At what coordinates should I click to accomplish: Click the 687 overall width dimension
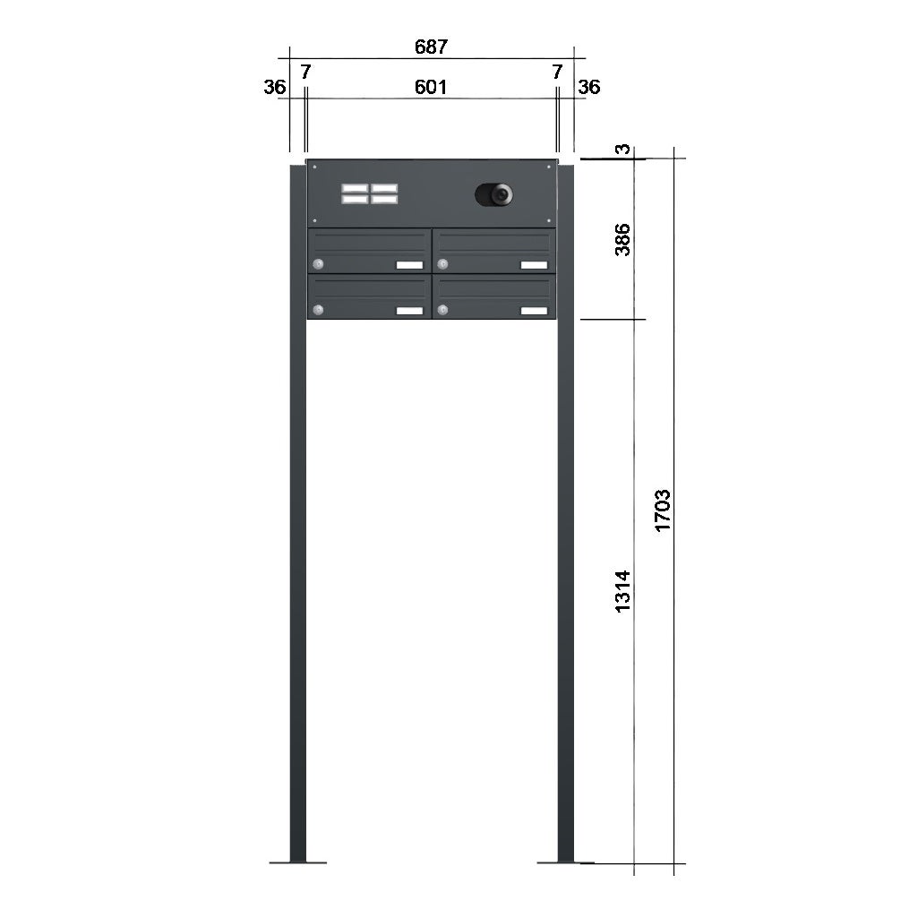432,47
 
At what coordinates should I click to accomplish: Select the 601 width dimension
431,87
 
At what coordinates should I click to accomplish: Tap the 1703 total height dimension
662,510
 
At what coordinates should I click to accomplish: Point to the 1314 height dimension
622,591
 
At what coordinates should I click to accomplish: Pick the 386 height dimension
622,239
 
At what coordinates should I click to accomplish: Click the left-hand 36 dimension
274,87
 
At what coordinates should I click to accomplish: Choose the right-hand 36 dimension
589,87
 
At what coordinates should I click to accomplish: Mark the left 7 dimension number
305,72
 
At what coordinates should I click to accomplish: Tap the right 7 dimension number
557,72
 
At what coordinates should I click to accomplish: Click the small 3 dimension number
622,150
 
